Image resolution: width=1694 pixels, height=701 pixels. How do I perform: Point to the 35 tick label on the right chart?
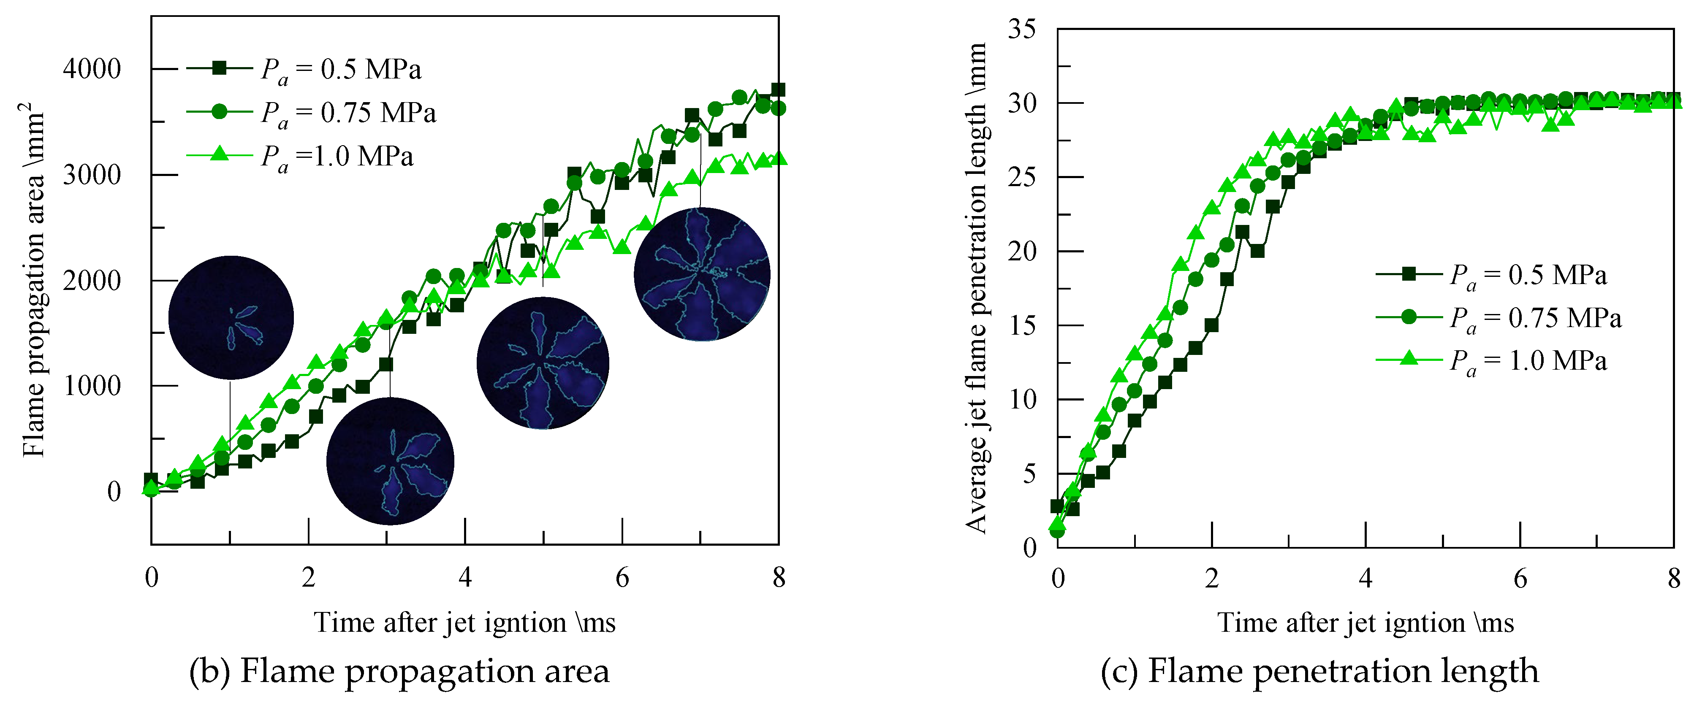pyautogui.click(x=1021, y=29)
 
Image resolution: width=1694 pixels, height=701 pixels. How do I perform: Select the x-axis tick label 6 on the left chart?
pyautogui.click(x=622, y=578)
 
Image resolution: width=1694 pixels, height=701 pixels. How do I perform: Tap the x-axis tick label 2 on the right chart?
pyautogui.click(x=1212, y=579)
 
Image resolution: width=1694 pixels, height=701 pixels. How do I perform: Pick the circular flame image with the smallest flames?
pyautogui.click(x=231, y=318)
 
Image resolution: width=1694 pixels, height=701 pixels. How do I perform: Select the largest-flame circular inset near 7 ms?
pyautogui.click(x=702, y=274)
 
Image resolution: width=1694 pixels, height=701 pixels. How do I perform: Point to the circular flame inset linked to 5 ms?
pyautogui.click(x=543, y=363)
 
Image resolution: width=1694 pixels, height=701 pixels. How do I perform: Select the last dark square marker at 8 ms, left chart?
pyautogui.click(x=778, y=90)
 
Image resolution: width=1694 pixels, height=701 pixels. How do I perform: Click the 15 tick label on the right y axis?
pyautogui.click(x=1021, y=325)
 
